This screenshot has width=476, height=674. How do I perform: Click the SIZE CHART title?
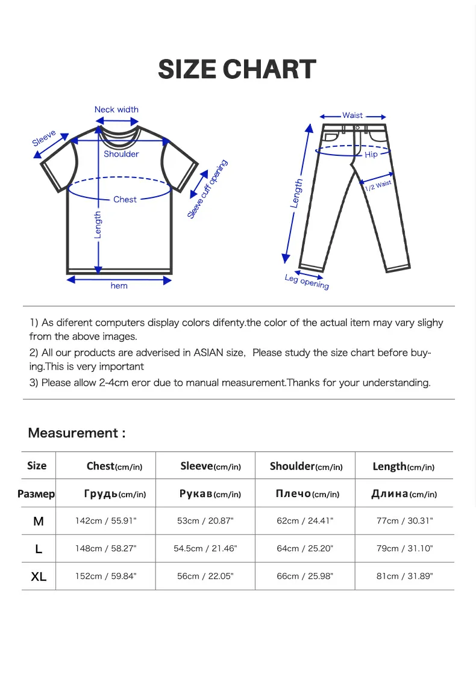(237, 70)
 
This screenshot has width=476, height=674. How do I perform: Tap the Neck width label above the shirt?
(116, 110)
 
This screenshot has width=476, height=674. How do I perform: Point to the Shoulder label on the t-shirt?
(121, 154)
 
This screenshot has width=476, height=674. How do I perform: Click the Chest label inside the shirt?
(125, 199)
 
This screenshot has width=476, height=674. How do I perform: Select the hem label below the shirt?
(119, 286)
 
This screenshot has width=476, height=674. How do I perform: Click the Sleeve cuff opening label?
(207, 189)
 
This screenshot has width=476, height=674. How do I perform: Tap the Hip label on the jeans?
(371, 155)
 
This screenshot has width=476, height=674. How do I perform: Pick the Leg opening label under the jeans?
(307, 281)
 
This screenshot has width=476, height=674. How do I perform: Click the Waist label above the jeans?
(352, 116)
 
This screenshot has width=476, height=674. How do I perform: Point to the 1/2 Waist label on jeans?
(378, 186)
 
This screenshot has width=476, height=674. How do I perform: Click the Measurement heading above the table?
(77, 433)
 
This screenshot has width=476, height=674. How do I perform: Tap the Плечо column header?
(307, 494)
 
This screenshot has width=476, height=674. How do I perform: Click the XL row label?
(39, 577)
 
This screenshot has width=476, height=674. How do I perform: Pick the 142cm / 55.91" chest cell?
(106, 521)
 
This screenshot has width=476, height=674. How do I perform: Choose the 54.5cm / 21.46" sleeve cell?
(205, 548)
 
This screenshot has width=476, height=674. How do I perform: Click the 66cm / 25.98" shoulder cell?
(305, 576)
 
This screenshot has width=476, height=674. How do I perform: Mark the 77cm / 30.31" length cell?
(405, 521)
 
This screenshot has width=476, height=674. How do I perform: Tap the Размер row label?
(36, 494)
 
